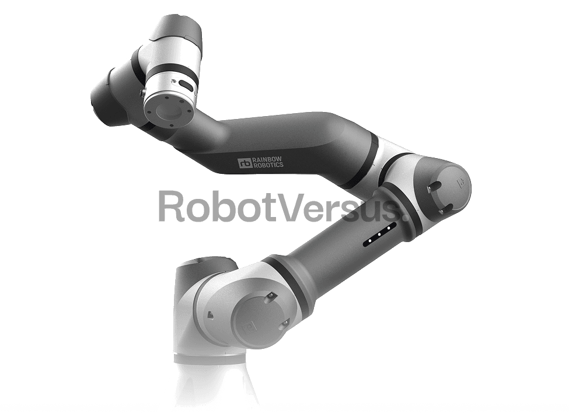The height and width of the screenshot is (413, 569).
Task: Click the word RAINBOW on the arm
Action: click(x=267, y=159)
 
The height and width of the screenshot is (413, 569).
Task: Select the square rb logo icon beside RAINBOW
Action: click(x=245, y=163)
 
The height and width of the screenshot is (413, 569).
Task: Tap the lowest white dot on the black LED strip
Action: click(x=370, y=240)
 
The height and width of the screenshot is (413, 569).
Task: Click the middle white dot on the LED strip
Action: click(x=379, y=235)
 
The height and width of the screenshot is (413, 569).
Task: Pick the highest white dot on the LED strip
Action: click(x=389, y=228)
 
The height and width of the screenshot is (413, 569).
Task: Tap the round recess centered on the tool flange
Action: click(x=167, y=109)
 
